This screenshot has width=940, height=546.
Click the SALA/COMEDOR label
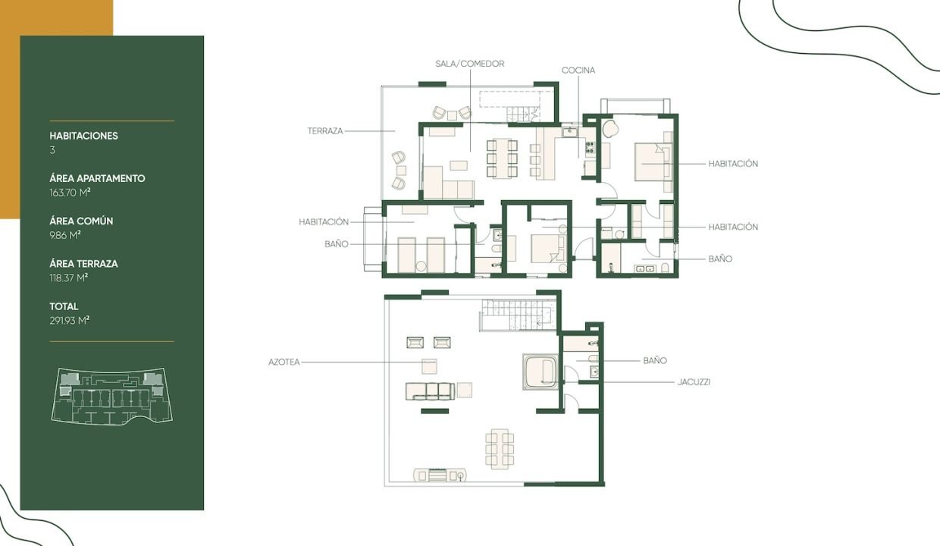click(x=469, y=64)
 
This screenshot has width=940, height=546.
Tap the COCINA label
click(x=578, y=71)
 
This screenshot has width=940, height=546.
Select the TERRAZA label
click(x=325, y=131)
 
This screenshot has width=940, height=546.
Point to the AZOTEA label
click(x=284, y=362)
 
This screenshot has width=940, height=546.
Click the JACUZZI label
click(x=694, y=382)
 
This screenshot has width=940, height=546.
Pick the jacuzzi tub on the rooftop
click(x=540, y=372)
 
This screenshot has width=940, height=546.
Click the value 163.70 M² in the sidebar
click(x=70, y=193)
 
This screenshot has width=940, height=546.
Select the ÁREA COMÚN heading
click(x=81, y=221)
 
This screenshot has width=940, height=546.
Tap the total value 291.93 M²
click(x=69, y=321)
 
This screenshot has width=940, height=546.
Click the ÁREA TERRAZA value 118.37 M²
click(x=68, y=278)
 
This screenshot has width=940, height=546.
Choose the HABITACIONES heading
click(x=84, y=136)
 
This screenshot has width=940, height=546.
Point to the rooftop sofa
click(x=430, y=391)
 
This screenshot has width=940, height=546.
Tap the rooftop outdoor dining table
click(x=500, y=449)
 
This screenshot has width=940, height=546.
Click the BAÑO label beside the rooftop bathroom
click(x=655, y=360)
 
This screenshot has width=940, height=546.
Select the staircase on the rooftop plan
click(x=518, y=315)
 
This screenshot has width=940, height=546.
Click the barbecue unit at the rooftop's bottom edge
click(x=440, y=475)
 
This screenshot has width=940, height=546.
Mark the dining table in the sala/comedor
click(x=502, y=158)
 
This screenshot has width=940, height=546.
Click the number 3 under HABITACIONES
click(x=52, y=150)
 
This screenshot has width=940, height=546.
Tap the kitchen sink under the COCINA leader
click(x=570, y=132)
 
